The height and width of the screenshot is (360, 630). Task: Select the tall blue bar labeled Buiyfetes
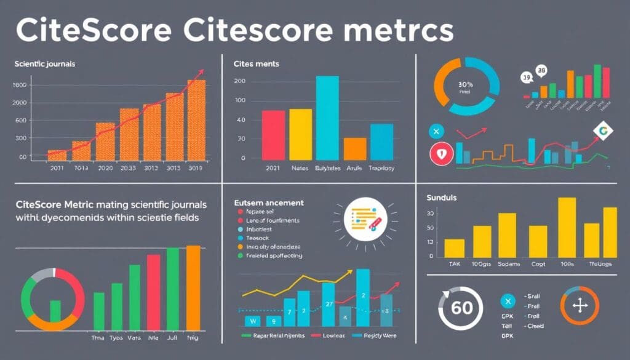point(327,117)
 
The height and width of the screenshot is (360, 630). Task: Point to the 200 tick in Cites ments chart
point(240,81)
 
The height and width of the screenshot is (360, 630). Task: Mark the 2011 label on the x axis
point(57,167)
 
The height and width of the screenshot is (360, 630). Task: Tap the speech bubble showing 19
point(526,78)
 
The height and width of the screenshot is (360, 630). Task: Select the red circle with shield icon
point(439,154)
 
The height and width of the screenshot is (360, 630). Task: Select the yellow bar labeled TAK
point(454,248)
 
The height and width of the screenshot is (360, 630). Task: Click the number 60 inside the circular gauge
point(461,307)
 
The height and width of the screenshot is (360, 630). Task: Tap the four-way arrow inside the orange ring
point(579,306)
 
